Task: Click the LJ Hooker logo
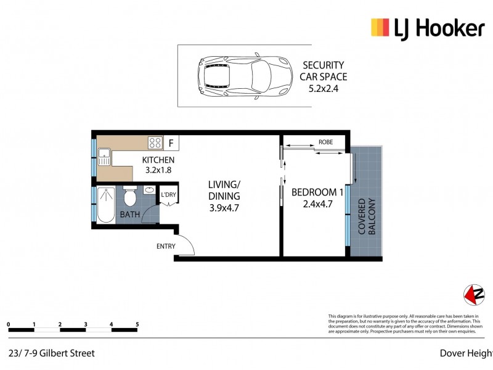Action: click(x=427, y=28)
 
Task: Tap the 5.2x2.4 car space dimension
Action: click(x=324, y=89)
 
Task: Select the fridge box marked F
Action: click(x=171, y=144)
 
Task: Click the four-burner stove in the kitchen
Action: click(x=155, y=144)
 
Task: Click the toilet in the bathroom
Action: click(x=130, y=197)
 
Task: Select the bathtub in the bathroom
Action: click(x=105, y=204)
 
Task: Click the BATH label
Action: click(x=129, y=215)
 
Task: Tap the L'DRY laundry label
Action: click(x=168, y=196)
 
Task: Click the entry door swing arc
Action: click(x=186, y=245)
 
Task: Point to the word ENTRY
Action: click(x=166, y=246)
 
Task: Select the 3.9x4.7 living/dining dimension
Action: click(x=223, y=208)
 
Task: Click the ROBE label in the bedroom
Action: click(x=325, y=142)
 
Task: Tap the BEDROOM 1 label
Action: click(x=317, y=191)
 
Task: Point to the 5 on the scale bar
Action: click(x=137, y=324)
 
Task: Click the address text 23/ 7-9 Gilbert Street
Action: click(x=52, y=353)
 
